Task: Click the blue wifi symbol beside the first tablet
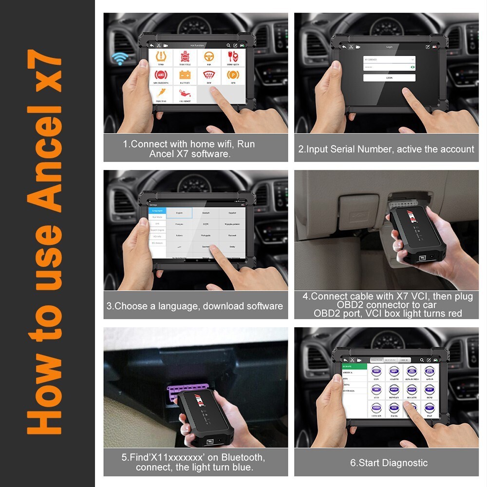(x=118, y=59)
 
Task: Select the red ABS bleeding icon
(x=161, y=76)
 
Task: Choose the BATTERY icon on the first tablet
(x=185, y=76)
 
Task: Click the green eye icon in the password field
(x=412, y=68)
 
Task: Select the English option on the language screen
(x=179, y=213)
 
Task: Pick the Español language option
(x=232, y=213)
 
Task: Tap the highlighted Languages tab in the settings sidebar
(x=157, y=210)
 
